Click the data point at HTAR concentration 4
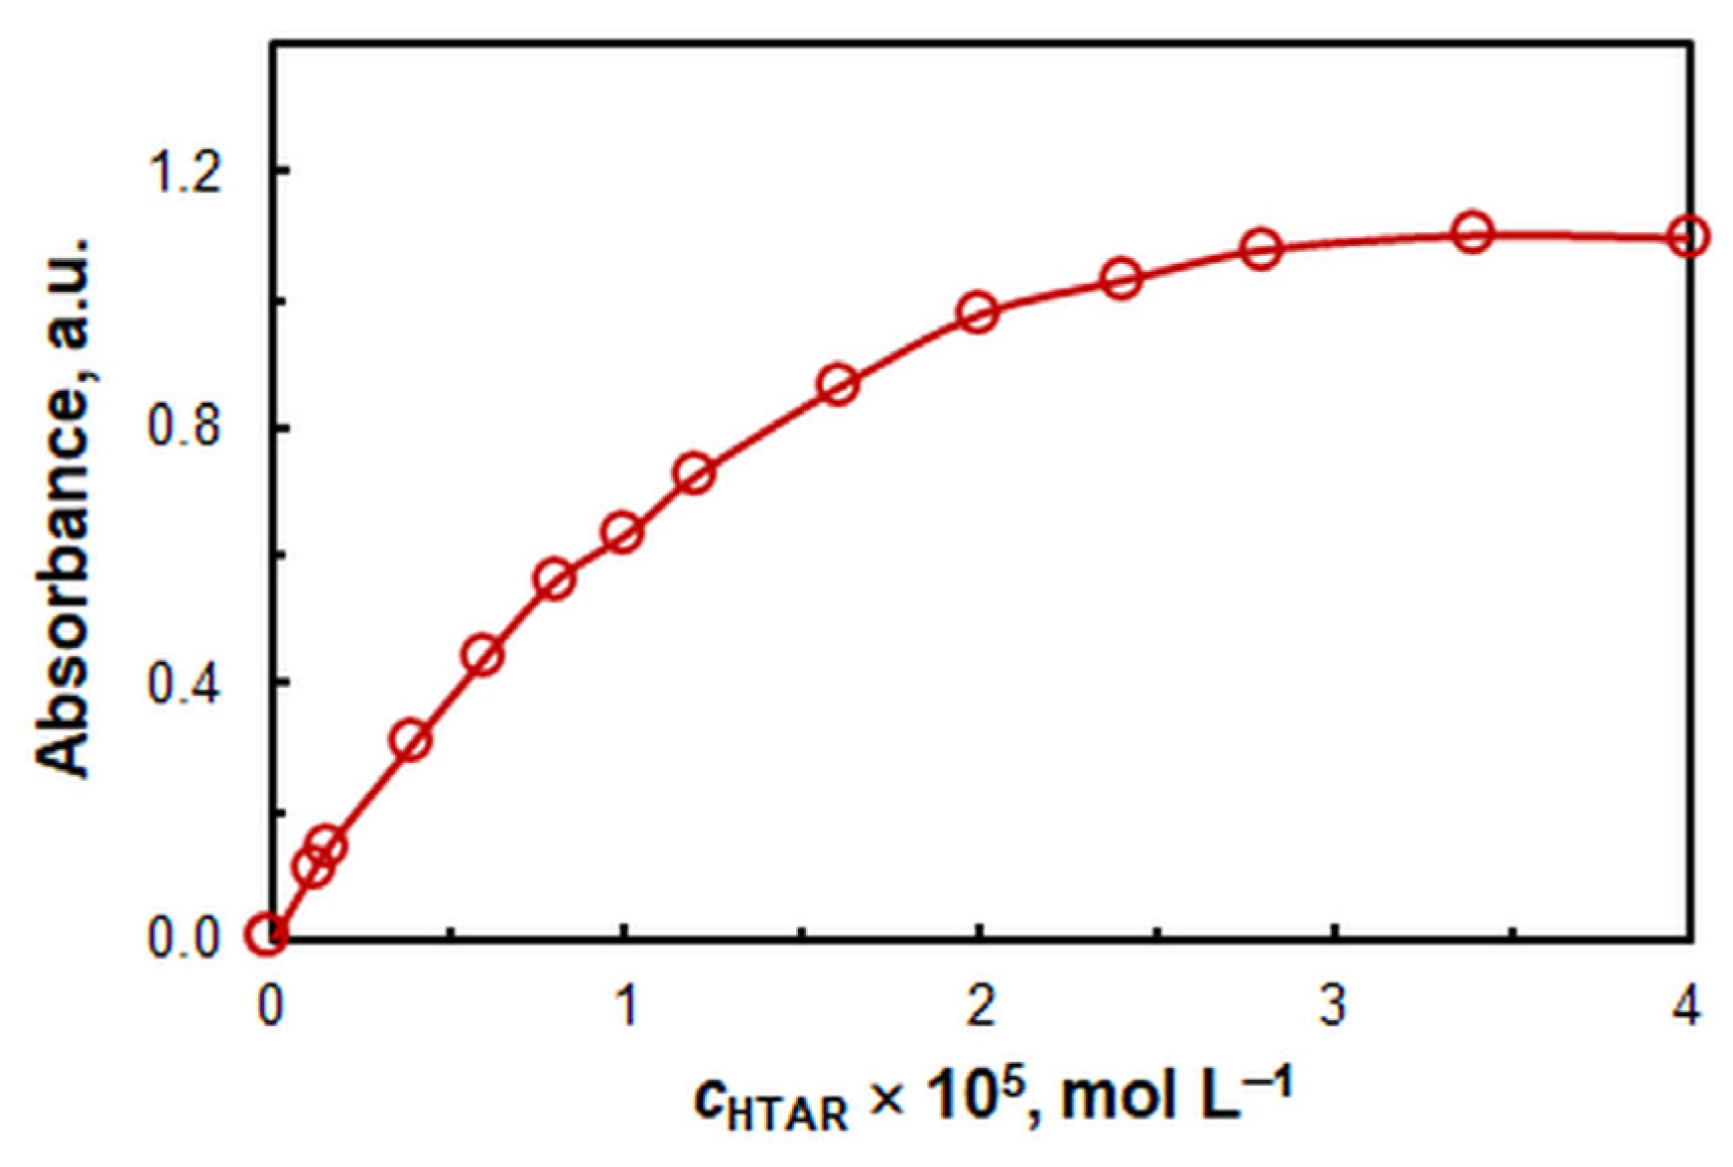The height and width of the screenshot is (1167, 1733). [1687, 237]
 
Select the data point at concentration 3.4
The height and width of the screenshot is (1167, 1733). [1473, 232]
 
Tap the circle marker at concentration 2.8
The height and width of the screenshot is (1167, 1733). [1262, 249]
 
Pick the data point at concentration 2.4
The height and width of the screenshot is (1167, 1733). [1122, 279]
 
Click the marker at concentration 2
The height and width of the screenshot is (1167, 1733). [978, 313]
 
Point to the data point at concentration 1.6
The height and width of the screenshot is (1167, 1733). [839, 384]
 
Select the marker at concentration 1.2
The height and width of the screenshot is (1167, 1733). [696, 473]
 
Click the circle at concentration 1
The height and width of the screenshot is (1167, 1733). [623, 533]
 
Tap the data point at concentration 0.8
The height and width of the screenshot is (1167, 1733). [555, 580]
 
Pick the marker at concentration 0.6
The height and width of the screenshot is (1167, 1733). [483, 655]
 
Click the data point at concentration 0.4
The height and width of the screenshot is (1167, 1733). [411, 739]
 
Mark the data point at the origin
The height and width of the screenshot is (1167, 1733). [267, 935]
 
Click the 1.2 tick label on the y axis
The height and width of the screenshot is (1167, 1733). [185, 171]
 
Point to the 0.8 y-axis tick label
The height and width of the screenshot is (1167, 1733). [185, 429]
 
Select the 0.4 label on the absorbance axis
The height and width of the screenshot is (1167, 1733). [185, 683]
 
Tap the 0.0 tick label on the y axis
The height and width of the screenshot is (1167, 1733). [185, 937]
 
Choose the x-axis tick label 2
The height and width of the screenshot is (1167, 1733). [980, 1006]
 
